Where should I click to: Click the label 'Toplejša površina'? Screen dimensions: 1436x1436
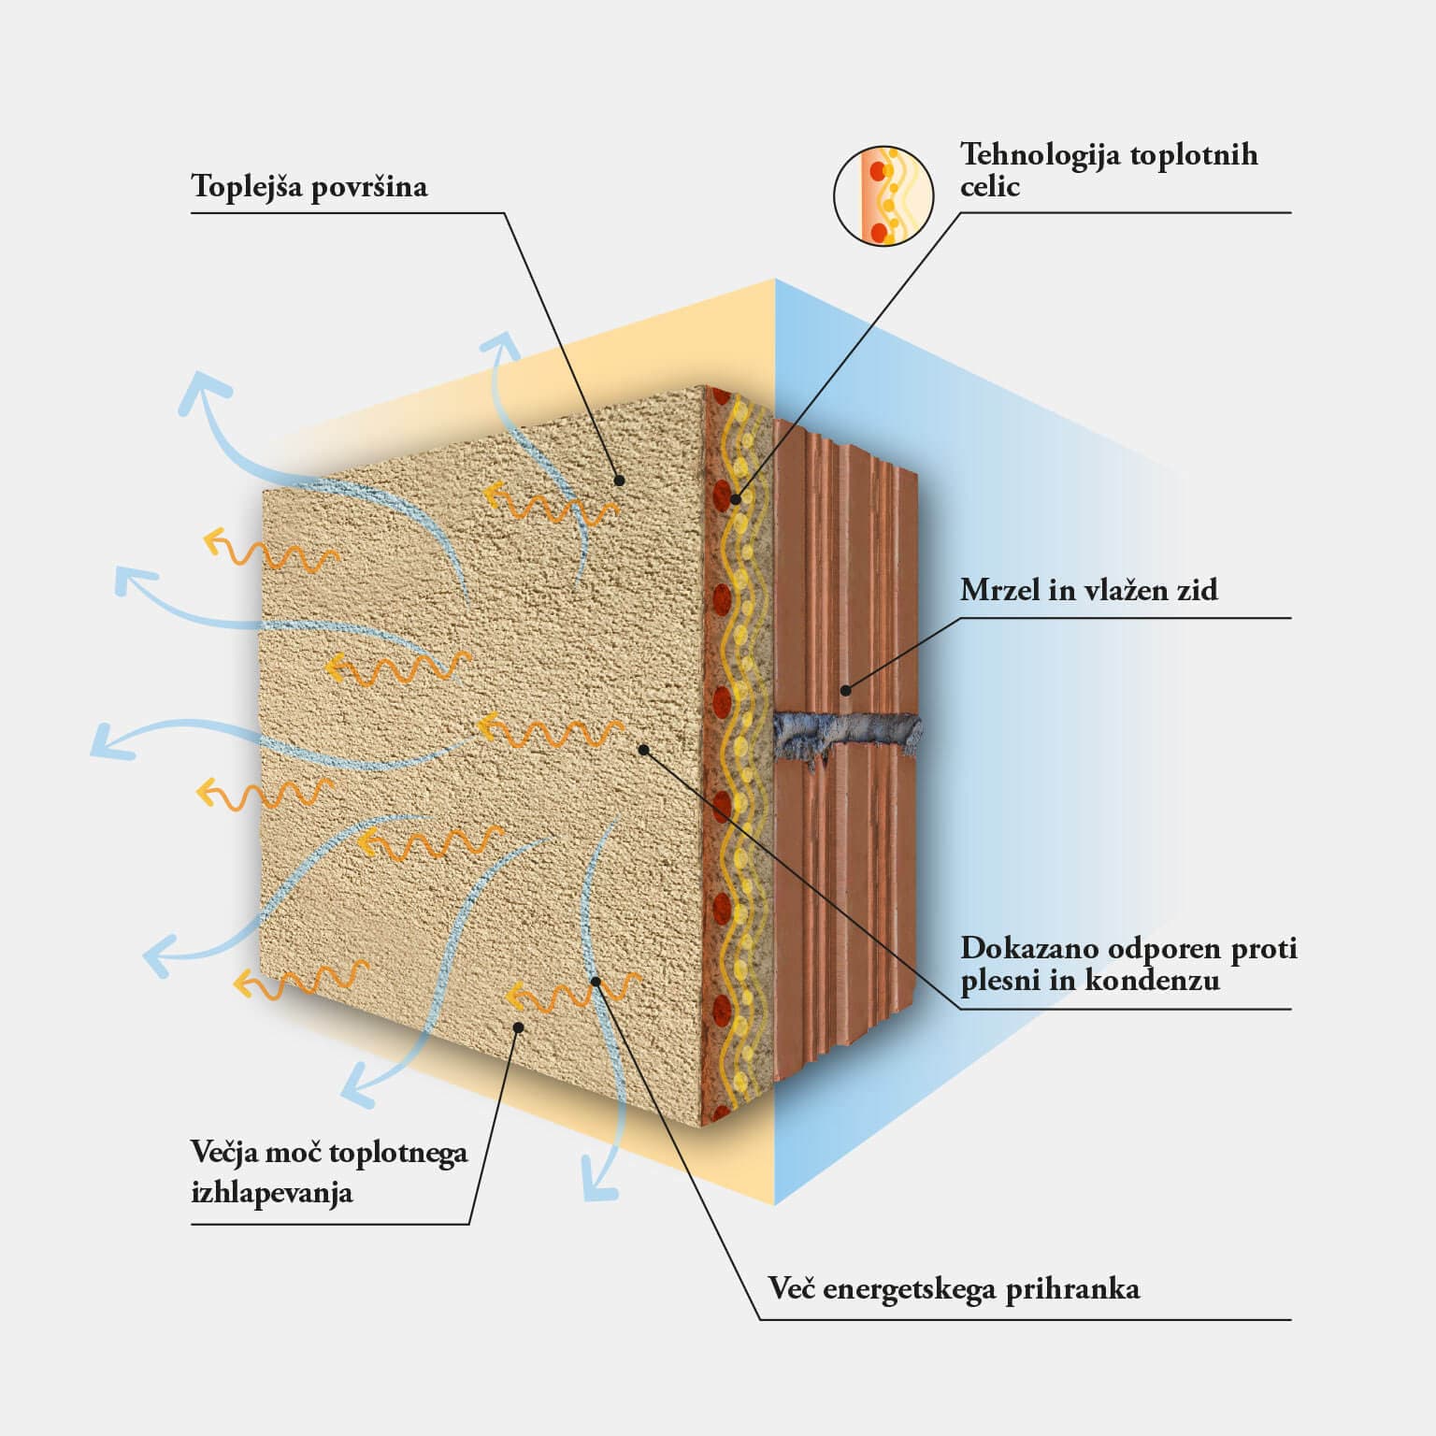309,187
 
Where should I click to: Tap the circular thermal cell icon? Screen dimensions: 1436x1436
883,195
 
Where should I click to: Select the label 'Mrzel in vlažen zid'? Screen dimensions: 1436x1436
1089,590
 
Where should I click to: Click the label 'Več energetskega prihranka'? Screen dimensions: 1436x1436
954,1289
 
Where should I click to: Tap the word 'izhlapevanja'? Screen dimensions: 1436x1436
272,1193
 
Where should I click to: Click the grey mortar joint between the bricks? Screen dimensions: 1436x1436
846,734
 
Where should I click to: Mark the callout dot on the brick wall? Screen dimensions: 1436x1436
845,691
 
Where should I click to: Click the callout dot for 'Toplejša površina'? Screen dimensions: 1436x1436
619,481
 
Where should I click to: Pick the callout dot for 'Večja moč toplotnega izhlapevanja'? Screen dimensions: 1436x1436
519,1027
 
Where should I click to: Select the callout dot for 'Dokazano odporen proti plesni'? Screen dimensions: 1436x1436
642,749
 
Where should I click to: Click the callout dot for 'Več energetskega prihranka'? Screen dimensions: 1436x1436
596,981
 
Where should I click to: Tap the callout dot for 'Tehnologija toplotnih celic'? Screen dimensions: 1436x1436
736,499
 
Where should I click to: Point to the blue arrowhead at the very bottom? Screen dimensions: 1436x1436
599,1180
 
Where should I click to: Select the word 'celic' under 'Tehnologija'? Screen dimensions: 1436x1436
989,187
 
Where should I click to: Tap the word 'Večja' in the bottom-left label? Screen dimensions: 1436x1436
223,1153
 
